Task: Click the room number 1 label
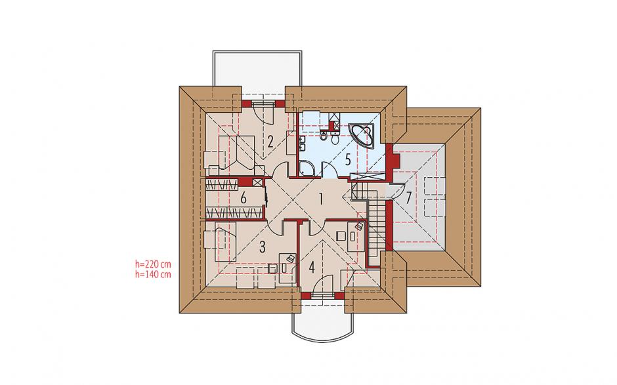pos(321,199)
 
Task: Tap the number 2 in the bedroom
pos(270,141)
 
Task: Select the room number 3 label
pos(263,247)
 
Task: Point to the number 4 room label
pos(312,268)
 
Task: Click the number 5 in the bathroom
pos(347,159)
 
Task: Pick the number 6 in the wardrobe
pos(243,198)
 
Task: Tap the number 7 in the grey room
pos(408,197)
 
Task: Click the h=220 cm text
pos(153,264)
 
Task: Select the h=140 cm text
pos(153,274)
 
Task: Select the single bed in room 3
pos(224,241)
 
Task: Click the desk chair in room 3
pos(272,268)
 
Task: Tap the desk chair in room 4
pos(341,236)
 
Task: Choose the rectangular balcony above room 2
pos(257,69)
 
